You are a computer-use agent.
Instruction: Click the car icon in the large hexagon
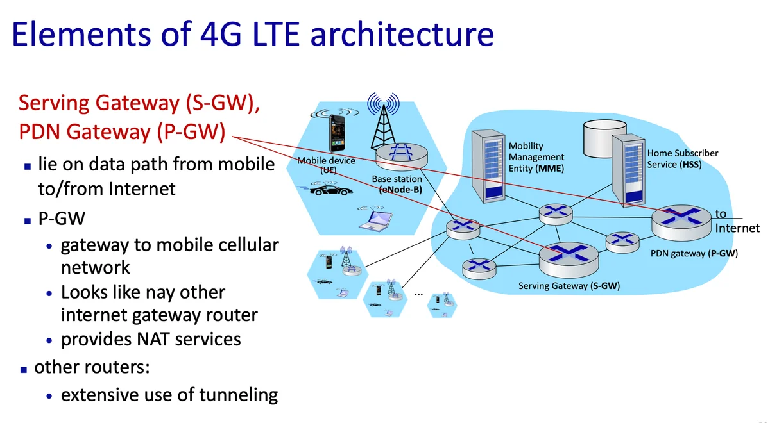coord(330,190)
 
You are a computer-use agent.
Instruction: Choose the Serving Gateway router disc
coord(568,256)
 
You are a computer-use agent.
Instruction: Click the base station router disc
coord(402,156)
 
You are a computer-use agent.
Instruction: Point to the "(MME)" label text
coord(551,169)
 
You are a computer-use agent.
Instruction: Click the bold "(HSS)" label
coord(690,165)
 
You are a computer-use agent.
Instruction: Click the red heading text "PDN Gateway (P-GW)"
coord(122,132)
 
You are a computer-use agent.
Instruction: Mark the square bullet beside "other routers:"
coord(24,370)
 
